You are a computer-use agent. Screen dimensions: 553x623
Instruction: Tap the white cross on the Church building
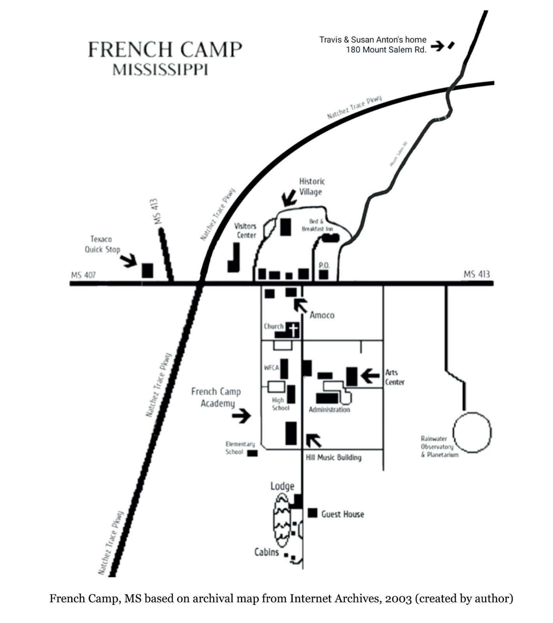pyautogui.click(x=294, y=330)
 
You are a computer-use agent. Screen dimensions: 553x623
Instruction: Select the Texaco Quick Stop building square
pyautogui.click(x=147, y=270)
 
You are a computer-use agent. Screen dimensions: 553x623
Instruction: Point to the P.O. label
pyautogui.click(x=324, y=265)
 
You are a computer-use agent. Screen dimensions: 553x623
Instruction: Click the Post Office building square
pyautogui.click(x=324, y=275)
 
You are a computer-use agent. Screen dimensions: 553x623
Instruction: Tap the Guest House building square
pyautogui.click(x=312, y=513)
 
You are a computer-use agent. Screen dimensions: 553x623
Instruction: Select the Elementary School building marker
pyautogui.click(x=252, y=453)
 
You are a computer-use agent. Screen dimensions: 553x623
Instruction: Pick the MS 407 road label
pyautogui.click(x=83, y=275)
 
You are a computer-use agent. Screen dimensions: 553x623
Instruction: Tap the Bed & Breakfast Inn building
pyautogui.click(x=331, y=238)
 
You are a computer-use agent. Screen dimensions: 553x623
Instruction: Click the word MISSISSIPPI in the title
pyautogui.click(x=160, y=70)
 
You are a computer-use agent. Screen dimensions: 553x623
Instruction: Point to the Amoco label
pyautogui.click(x=322, y=315)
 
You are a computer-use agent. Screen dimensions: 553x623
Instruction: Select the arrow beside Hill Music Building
pyautogui.click(x=313, y=440)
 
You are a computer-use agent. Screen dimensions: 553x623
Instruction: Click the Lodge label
pyautogui.click(x=282, y=486)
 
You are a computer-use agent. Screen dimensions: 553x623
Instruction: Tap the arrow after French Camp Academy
pyautogui.click(x=241, y=416)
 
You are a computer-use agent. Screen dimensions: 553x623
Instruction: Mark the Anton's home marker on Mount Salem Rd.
pyautogui.click(x=451, y=46)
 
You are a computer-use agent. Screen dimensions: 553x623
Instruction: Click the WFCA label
pyautogui.click(x=271, y=368)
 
